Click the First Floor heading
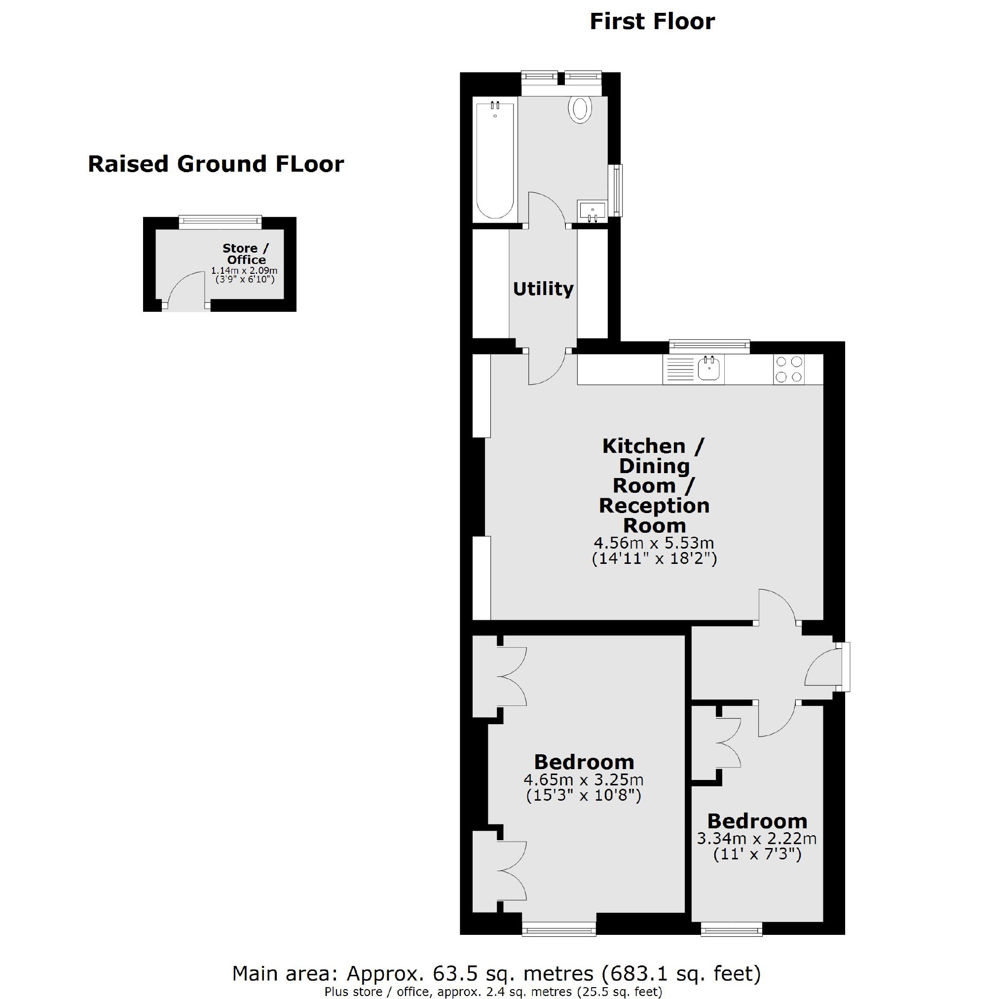(652, 22)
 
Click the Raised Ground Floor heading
(216, 164)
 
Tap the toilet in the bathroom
(580, 109)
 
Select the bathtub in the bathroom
(495, 160)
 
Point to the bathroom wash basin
(592, 212)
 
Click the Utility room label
(543, 289)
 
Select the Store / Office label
(246, 254)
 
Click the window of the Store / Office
(220, 222)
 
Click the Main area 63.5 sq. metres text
(496, 974)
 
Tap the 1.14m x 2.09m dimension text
(244, 270)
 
